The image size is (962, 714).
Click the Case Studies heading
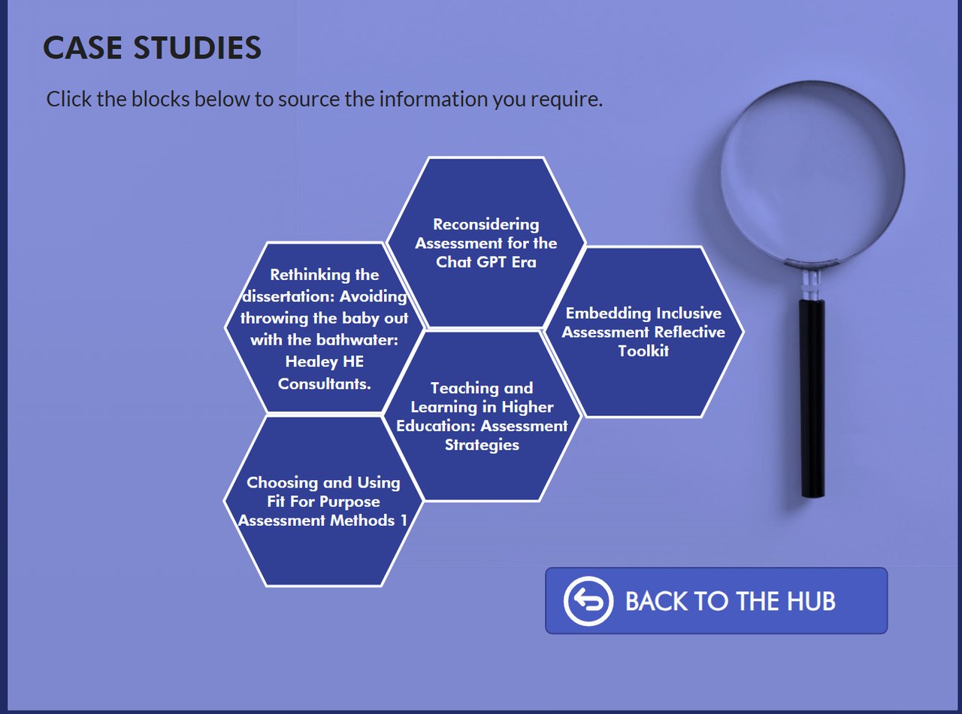coord(152,48)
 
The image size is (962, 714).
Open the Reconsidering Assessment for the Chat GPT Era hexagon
coord(486,243)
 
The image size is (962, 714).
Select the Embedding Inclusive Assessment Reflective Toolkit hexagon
coord(643,332)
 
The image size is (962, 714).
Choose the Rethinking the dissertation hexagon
coord(325,329)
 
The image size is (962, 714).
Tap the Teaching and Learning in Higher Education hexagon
coord(482,416)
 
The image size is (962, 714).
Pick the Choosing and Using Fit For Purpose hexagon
coord(323,501)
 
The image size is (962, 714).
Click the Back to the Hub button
coord(715,600)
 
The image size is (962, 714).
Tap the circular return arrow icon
coord(589,601)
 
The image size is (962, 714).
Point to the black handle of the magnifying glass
coord(812,399)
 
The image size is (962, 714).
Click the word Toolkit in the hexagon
coord(643,351)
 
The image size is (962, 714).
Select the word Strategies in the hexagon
coord(482,445)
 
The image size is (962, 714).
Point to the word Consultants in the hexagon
coord(325,384)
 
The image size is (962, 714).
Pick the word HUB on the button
coord(811,601)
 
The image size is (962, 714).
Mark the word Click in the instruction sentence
coord(69,99)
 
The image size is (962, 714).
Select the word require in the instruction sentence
coord(572,99)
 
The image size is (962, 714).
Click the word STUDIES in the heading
coord(198,48)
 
